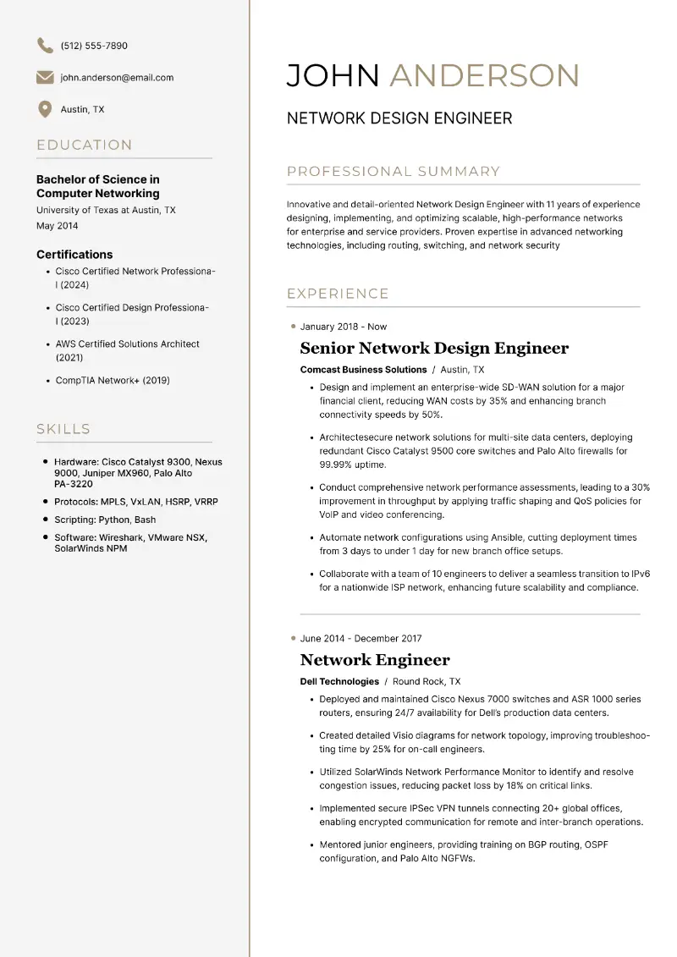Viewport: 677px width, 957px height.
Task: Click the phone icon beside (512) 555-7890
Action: (45, 45)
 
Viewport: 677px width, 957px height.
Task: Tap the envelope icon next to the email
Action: (45, 78)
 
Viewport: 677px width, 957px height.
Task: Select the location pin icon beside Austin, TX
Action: (45, 109)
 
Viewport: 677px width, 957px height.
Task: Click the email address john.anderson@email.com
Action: (117, 78)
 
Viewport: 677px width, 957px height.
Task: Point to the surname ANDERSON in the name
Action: (484, 75)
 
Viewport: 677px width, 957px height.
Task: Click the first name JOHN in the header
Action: (333, 75)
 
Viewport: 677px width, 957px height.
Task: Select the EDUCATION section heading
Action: (85, 146)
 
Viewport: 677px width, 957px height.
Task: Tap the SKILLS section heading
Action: (63, 429)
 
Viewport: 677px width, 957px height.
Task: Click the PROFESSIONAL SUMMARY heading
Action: (394, 172)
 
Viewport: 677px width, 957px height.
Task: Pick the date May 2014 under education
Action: (57, 226)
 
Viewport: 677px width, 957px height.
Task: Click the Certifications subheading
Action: (74, 255)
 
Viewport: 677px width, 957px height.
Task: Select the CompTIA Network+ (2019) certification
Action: (113, 381)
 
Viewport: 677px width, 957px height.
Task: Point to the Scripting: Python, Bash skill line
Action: (105, 520)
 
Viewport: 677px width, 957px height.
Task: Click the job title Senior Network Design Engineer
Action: (434, 349)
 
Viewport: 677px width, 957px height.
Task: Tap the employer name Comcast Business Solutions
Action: (363, 370)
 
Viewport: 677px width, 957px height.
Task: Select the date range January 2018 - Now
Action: (343, 327)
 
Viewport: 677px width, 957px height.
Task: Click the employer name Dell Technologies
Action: (339, 681)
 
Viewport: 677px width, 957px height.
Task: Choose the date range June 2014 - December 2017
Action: (361, 639)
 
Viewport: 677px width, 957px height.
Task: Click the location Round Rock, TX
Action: (427, 681)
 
